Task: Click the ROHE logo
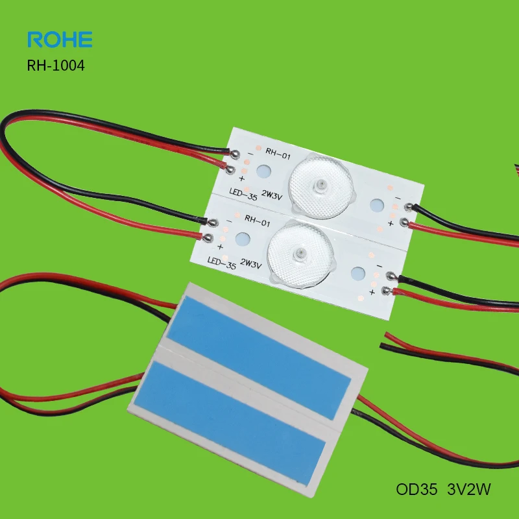coord(60,39)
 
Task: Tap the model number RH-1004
coord(56,66)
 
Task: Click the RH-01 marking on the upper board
coord(276,152)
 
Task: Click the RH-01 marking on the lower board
coord(258,224)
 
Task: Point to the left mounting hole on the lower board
coord(242,239)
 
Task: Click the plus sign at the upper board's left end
coord(242,178)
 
